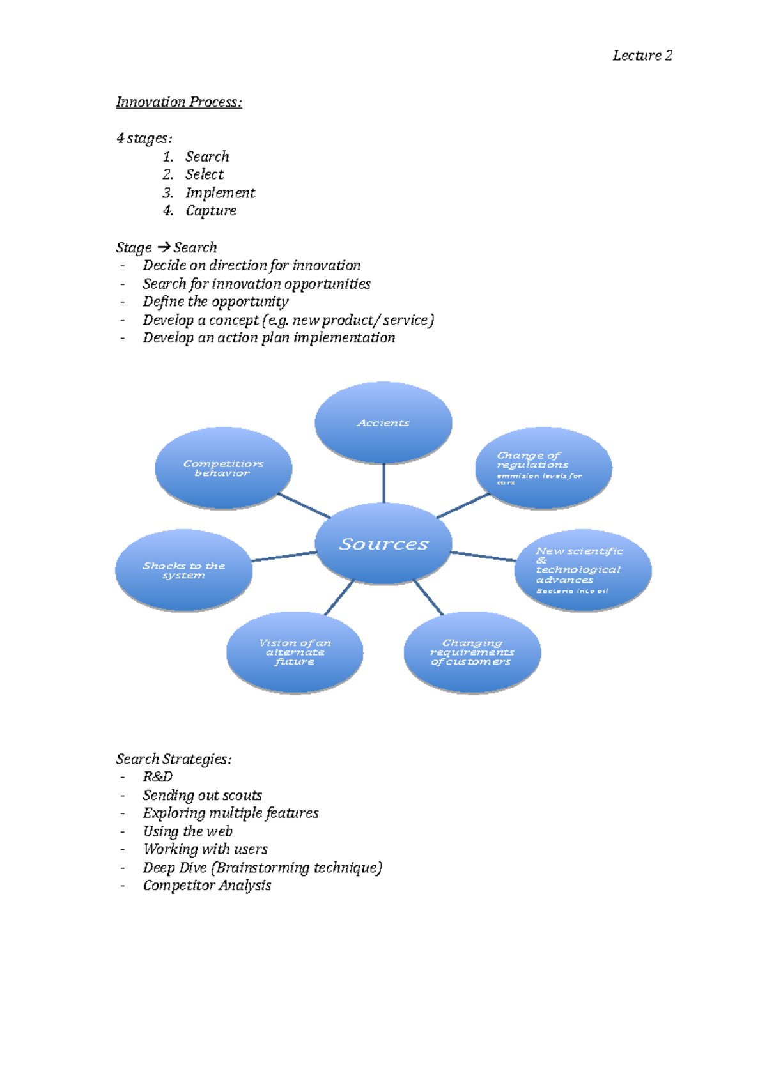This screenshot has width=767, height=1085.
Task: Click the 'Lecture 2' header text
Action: [642, 56]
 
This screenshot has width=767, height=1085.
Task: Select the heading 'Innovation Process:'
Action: [179, 102]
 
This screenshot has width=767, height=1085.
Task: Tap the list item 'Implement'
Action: [220, 193]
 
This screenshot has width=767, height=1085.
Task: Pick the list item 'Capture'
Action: [211, 211]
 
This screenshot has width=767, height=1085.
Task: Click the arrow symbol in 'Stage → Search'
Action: [163, 247]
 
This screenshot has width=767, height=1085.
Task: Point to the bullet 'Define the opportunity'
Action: [215, 302]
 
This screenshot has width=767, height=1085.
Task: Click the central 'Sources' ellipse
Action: [383, 544]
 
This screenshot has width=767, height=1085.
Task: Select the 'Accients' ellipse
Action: [383, 422]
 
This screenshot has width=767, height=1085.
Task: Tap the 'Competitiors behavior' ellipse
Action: [223, 468]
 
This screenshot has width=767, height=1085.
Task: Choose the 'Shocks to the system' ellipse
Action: [183, 570]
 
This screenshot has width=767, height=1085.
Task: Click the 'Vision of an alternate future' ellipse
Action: [295, 652]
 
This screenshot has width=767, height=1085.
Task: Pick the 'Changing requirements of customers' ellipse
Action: [472, 652]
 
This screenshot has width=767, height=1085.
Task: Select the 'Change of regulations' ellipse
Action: [543, 468]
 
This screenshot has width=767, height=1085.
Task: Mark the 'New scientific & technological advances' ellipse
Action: [582, 570]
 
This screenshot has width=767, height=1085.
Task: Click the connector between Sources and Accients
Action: [383, 482]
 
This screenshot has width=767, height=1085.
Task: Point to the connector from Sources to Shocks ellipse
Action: [284, 557]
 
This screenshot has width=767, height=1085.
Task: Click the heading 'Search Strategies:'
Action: [173, 759]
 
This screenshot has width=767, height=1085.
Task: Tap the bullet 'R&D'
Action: [158, 777]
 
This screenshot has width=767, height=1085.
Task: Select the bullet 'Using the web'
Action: [188, 831]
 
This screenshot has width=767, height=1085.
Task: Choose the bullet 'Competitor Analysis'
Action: [207, 886]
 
